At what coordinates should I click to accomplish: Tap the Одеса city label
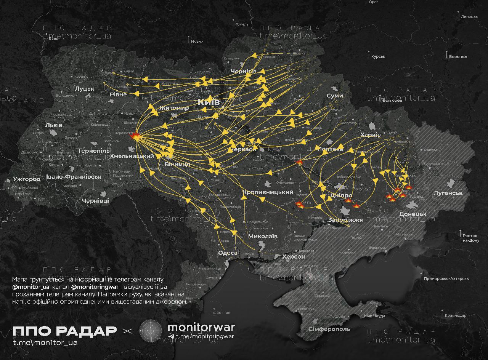(228, 253)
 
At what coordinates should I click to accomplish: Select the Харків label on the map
(370, 135)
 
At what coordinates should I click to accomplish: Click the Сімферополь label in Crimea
(329, 329)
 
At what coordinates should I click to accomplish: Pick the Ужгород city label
(27, 179)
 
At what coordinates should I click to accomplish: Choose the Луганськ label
(448, 193)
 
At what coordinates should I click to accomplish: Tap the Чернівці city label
(95, 200)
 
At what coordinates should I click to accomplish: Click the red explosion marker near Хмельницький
(135, 136)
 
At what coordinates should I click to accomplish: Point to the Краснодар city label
(455, 315)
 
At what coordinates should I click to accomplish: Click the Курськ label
(378, 56)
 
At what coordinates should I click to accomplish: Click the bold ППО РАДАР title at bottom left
(64, 331)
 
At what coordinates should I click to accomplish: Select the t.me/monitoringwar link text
(204, 336)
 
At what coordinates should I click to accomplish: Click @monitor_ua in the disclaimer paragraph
(31, 286)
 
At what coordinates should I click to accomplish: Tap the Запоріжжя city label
(345, 220)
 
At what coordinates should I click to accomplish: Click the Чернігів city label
(244, 71)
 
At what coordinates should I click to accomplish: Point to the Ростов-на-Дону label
(471, 238)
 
